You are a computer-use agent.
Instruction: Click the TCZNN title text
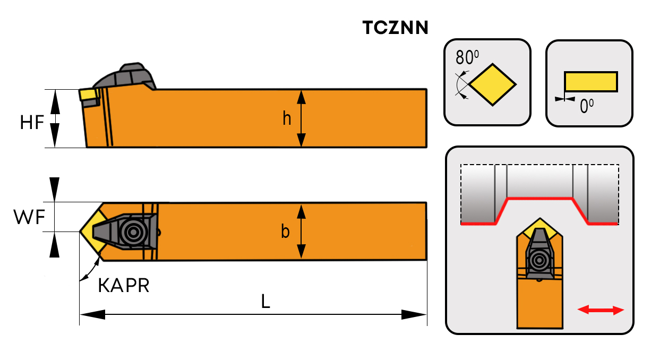point(395,28)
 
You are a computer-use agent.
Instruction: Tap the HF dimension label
point(32,122)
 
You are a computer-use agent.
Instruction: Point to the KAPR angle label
point(124,286)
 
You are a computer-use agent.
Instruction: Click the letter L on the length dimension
point(265,302)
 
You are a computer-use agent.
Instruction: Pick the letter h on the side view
point(287,119)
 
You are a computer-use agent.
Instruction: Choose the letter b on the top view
point(286,232)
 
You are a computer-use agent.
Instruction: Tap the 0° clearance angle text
point(586,106)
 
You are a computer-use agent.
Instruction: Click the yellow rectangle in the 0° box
point(590,81)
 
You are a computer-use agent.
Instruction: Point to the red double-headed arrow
point(601,310)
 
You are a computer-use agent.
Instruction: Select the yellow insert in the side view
point(88,95)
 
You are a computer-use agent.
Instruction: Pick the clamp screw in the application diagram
point(540,260)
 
